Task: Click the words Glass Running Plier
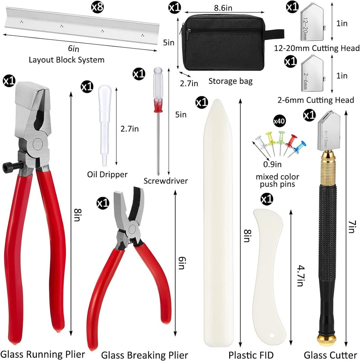coord(43,354)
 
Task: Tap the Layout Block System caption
coord(66,59)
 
